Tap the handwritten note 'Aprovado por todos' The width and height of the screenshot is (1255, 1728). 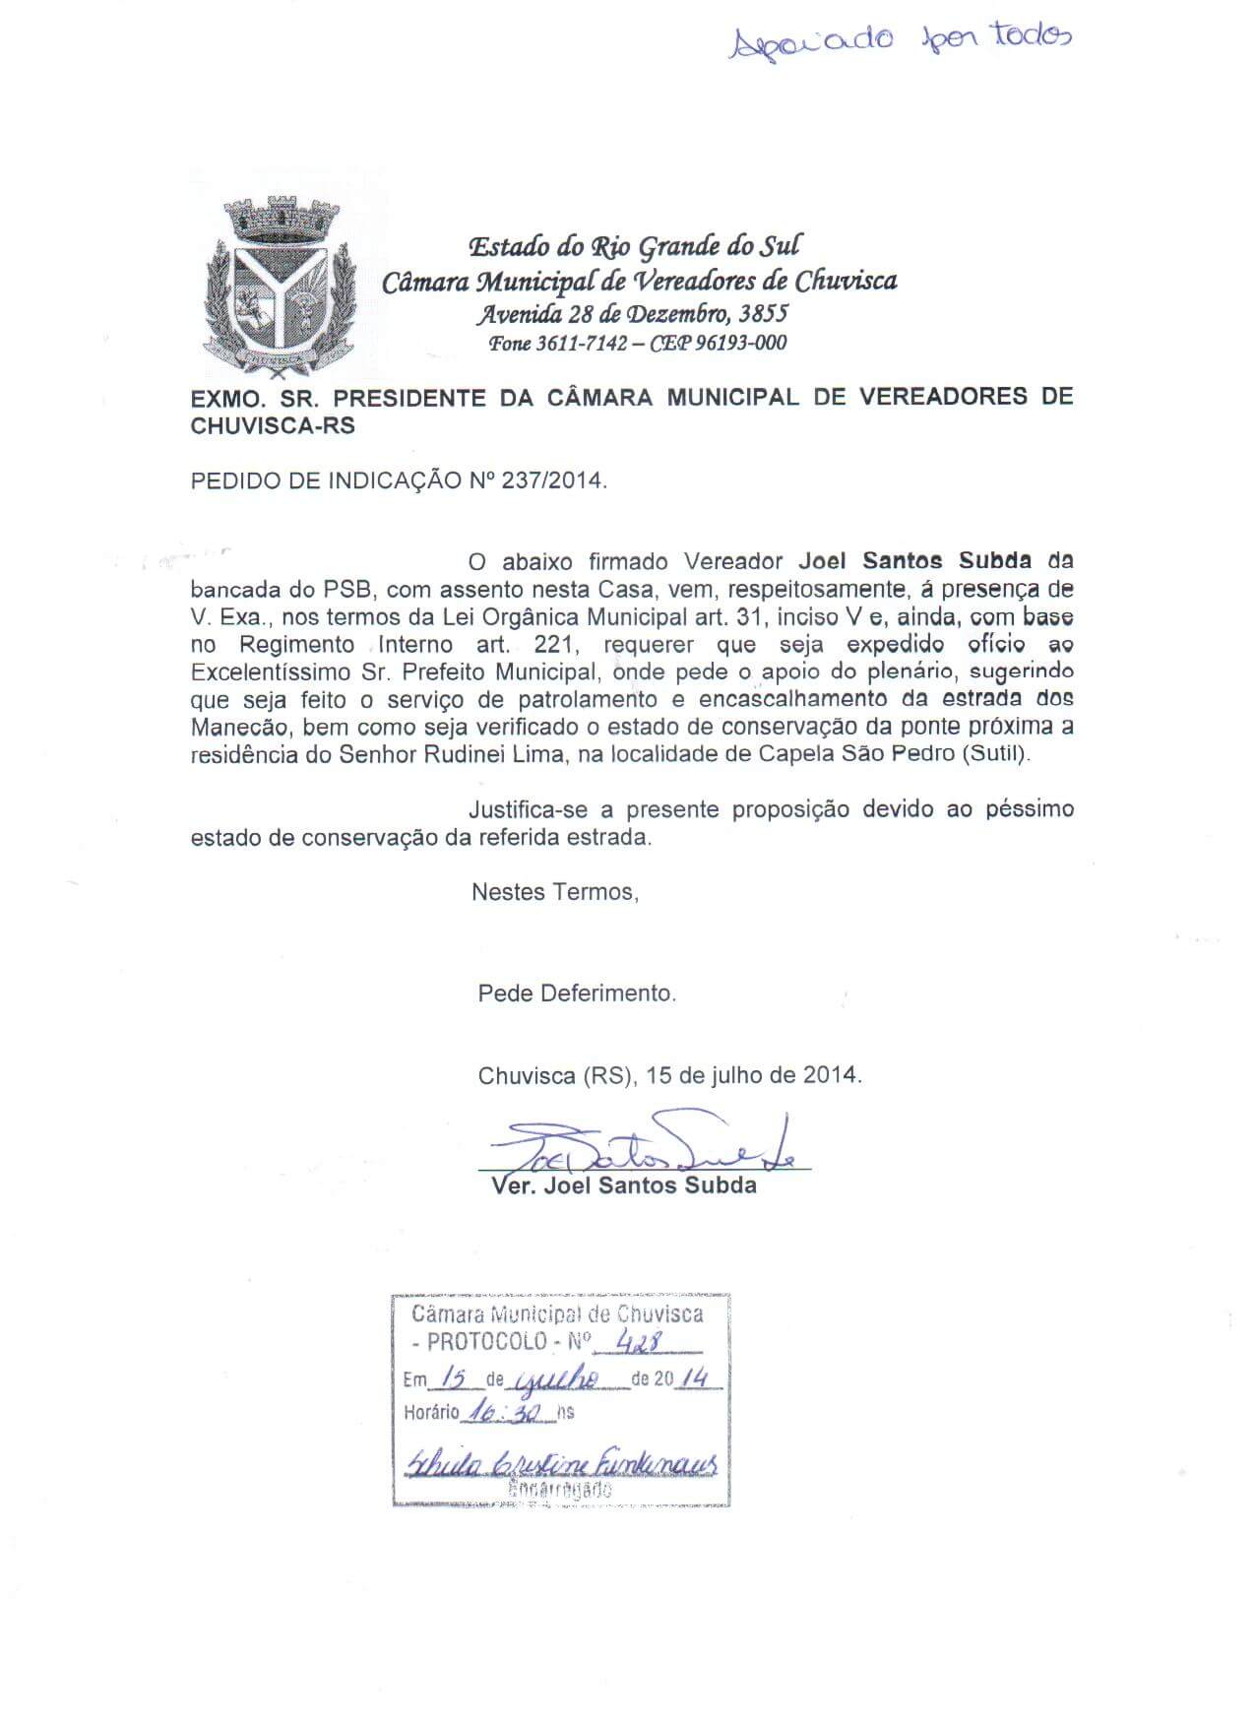tap(898, 39)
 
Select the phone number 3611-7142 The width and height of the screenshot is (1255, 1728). tap(583, 344)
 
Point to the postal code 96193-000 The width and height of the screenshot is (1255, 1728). tap(740, 344)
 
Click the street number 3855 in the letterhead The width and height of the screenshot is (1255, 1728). tap(764, 314)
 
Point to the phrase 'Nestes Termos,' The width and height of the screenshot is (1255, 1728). tap(555, 892)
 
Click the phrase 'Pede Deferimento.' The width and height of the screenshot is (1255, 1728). tap(577, 993)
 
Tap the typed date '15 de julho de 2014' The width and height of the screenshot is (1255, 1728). tap(754, 1075)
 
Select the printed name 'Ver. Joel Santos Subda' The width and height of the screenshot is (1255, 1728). tap(623, 1185)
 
